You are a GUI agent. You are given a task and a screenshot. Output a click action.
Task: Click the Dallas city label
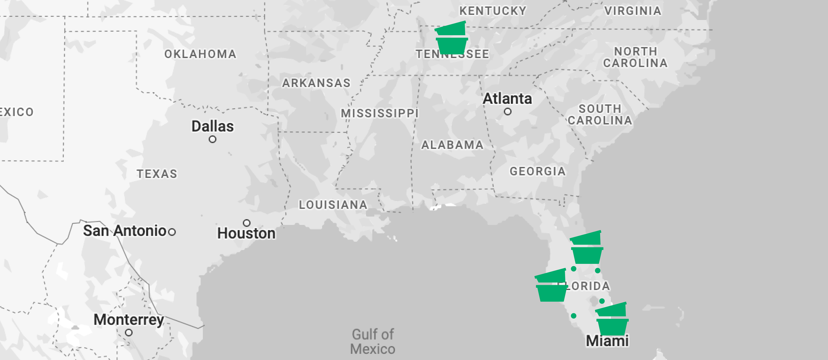[x=212, y=127]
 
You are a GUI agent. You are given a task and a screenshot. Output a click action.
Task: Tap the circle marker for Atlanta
[x=507, y=112]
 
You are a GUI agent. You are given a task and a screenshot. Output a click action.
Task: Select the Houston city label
[x=246, y=233]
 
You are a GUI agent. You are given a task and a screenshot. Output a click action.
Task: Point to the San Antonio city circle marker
[x=172, y=232]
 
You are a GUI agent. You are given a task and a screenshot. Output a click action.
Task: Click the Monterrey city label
[x=129, y=320]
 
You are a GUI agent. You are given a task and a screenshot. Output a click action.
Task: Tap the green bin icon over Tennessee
[x=451, y=38]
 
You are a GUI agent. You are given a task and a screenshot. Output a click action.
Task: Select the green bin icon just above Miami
[x=612, y=319]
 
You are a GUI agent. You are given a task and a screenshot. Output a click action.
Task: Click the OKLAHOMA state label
[x=200, y=54]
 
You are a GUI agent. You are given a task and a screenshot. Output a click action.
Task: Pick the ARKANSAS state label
[x=316, y=83]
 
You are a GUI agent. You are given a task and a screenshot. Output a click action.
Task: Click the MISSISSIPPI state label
[x=380, y=113]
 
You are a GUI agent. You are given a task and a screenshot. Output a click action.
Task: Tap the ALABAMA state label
[x=452, y=145]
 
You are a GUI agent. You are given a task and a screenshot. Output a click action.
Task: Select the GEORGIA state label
[x=537, y=171]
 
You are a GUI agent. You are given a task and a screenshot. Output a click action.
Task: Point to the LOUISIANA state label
[x=333, y=205]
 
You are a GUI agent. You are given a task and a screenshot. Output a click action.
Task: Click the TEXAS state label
[x=157, y=174]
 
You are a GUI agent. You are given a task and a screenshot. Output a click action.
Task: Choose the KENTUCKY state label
[x=492, y=11]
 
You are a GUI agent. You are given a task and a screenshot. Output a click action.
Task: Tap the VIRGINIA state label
[x=633, y=11]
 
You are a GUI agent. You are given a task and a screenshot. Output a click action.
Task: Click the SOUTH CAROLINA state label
[x=600, y=115]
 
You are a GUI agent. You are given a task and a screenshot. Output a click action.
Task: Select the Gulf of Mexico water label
[x=373, y=342]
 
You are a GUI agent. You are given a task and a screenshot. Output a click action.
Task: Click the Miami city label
[x=607, y=341]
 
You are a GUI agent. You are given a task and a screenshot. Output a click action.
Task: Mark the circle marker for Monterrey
[x=129, y=333]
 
